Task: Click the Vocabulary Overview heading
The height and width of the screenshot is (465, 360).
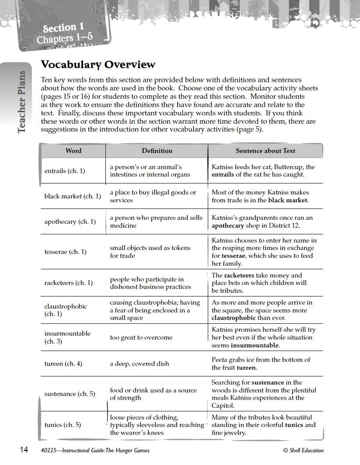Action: coord(98,65)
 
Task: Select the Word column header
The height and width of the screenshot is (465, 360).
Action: coord(73,151)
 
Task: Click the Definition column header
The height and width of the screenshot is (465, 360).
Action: coord(157,151)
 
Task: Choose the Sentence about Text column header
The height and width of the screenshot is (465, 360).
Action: coord(265,151)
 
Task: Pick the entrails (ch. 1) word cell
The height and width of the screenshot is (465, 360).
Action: coord(64,171)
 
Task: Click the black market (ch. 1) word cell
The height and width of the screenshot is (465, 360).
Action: coord(72,196)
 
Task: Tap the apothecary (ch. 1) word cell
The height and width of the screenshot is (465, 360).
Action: coord(70,222)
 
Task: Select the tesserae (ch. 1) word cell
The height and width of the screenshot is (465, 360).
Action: coord(65,252)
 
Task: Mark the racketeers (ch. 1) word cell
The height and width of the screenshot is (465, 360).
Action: coord(68,283)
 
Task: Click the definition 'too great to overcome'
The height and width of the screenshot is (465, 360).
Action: coord(141,337)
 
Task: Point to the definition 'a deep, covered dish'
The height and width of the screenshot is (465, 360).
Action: coord(139,364)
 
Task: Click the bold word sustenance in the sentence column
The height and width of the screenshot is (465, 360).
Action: coord(268,382)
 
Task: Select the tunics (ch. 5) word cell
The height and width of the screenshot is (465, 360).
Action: coord(63,425)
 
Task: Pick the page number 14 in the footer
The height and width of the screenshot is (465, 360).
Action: coord(24,450)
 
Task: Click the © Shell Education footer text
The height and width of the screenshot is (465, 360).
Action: coord(303,451)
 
